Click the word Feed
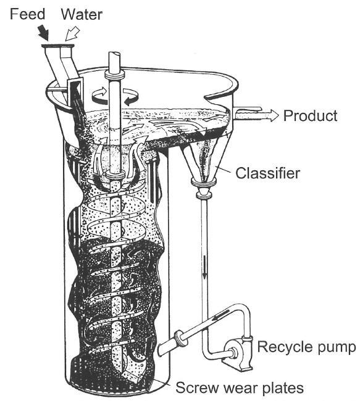[27, 14]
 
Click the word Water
[82, 14]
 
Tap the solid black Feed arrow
[43, 33]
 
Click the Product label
[311, 115]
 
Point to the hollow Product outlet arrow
[256, 115]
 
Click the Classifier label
[267, 173]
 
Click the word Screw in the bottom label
[196, 387]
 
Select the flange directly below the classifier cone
[204, 182]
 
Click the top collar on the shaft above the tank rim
[114, 76]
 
